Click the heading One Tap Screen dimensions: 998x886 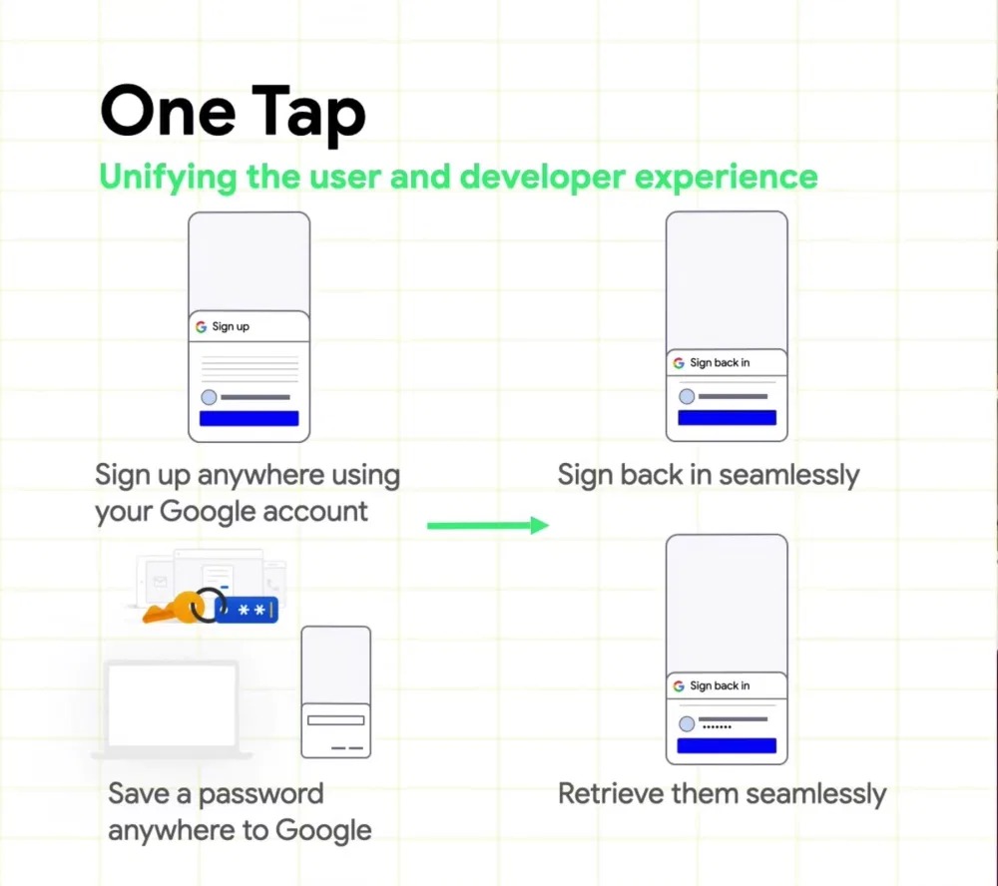click(233, 114)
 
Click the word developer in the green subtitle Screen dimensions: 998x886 click(542, 178)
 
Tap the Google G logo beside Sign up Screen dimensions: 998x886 click(202, 326)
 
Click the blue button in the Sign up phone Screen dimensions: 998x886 click(249, 418)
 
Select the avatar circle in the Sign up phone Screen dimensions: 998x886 click(209, 397)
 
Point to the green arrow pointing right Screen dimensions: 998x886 click(488, 525)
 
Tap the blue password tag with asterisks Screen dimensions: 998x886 click(247, 611)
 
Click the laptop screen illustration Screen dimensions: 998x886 click(172, 703)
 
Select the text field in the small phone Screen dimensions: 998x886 click(336, 720)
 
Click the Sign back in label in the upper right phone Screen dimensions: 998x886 click(720, 363)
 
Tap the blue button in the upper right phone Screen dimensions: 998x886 click(727, 417)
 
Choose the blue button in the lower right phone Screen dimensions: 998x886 click(727, 745)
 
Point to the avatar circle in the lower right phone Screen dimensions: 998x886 click(687, 723)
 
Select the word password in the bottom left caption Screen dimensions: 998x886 click(260, 795)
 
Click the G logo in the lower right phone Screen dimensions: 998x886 click(679, 685)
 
